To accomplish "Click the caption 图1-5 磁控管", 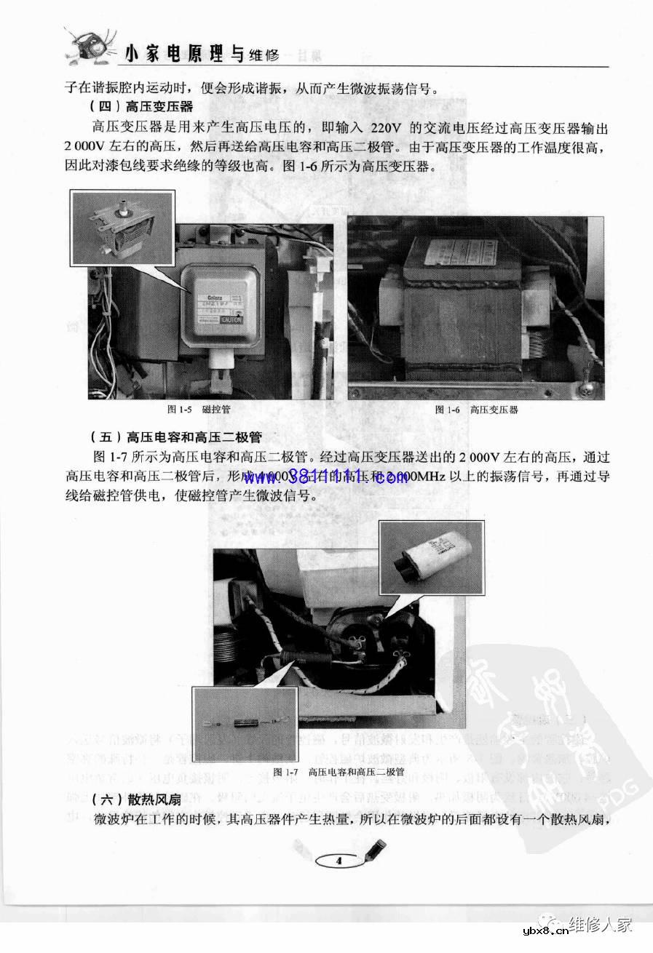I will coord(199,410).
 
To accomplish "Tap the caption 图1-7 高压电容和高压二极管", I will coord(339,771).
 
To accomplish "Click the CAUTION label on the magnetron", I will coord(231,320).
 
